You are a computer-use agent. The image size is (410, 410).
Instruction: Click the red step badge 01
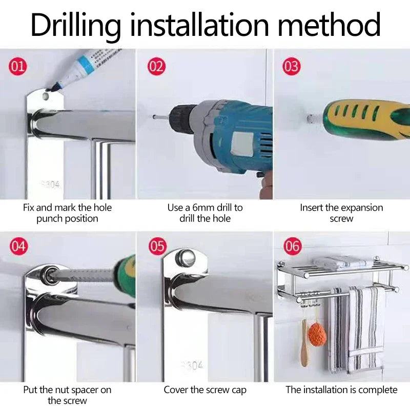pos(18,67)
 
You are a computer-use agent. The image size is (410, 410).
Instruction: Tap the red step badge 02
pos(156,67)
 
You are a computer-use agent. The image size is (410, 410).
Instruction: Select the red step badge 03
pos(292,67)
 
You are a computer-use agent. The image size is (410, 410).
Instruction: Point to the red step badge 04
pos(19,247)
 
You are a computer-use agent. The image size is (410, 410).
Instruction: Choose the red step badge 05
pos(157,247)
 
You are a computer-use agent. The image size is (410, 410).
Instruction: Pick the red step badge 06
pos(293,247)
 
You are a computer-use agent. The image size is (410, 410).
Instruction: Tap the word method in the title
pos(329,24)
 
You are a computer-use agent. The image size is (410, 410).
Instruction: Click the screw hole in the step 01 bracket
pos(47,96)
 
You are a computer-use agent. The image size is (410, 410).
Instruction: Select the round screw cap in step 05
pos(186,257)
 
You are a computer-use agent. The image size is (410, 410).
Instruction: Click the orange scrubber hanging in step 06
pos(317,334)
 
